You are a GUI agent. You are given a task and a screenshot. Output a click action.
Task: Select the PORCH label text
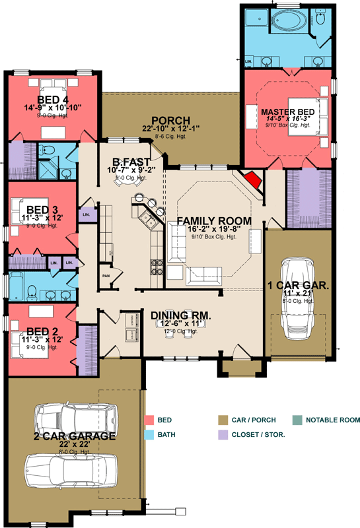170,121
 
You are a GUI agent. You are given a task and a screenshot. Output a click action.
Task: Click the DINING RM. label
180,316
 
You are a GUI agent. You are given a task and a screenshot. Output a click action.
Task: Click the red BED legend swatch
149,420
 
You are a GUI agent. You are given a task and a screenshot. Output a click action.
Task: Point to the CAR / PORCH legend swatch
223,420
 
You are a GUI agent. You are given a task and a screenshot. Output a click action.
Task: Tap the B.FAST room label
130,161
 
